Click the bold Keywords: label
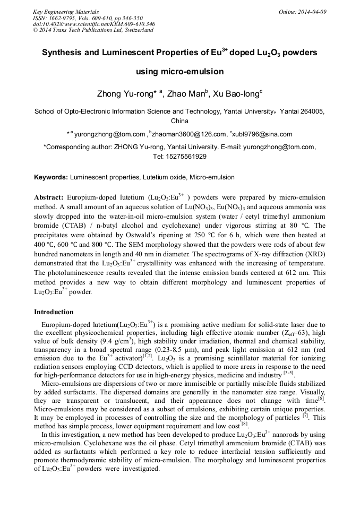click(51, 177)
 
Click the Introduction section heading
click(54, 312)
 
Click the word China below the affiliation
click(179, 121)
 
